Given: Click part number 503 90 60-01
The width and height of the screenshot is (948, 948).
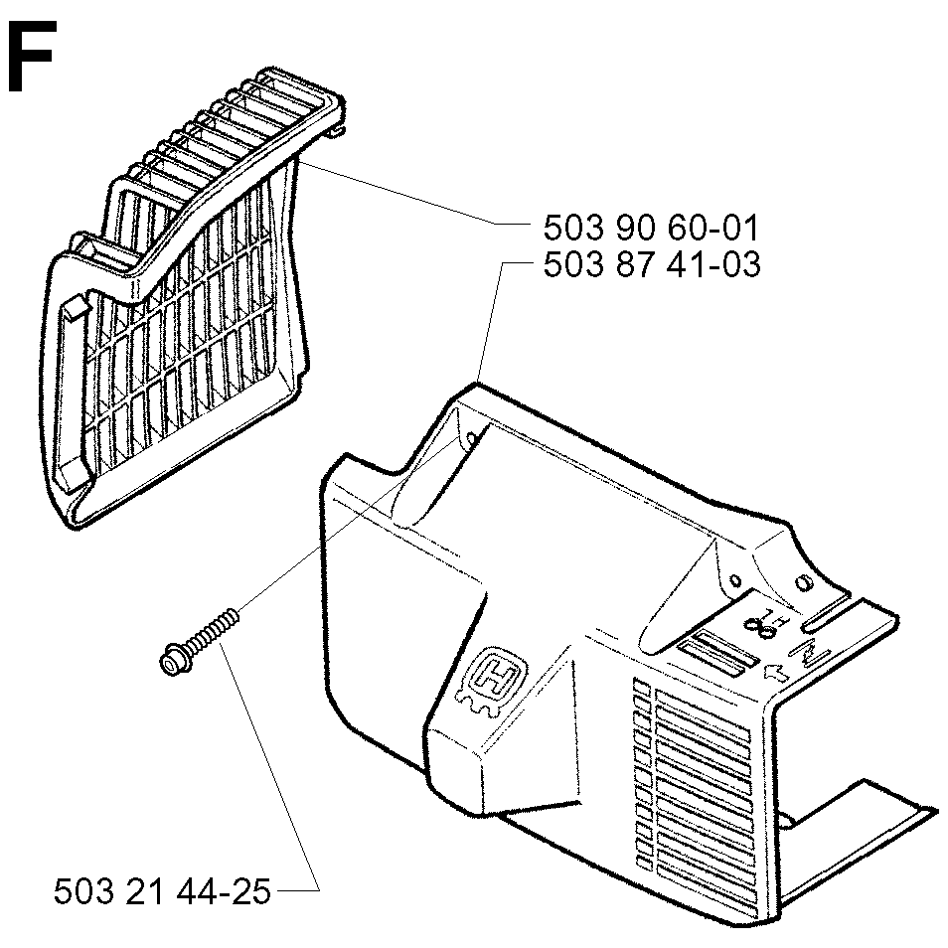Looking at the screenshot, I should (x=651, y=229).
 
